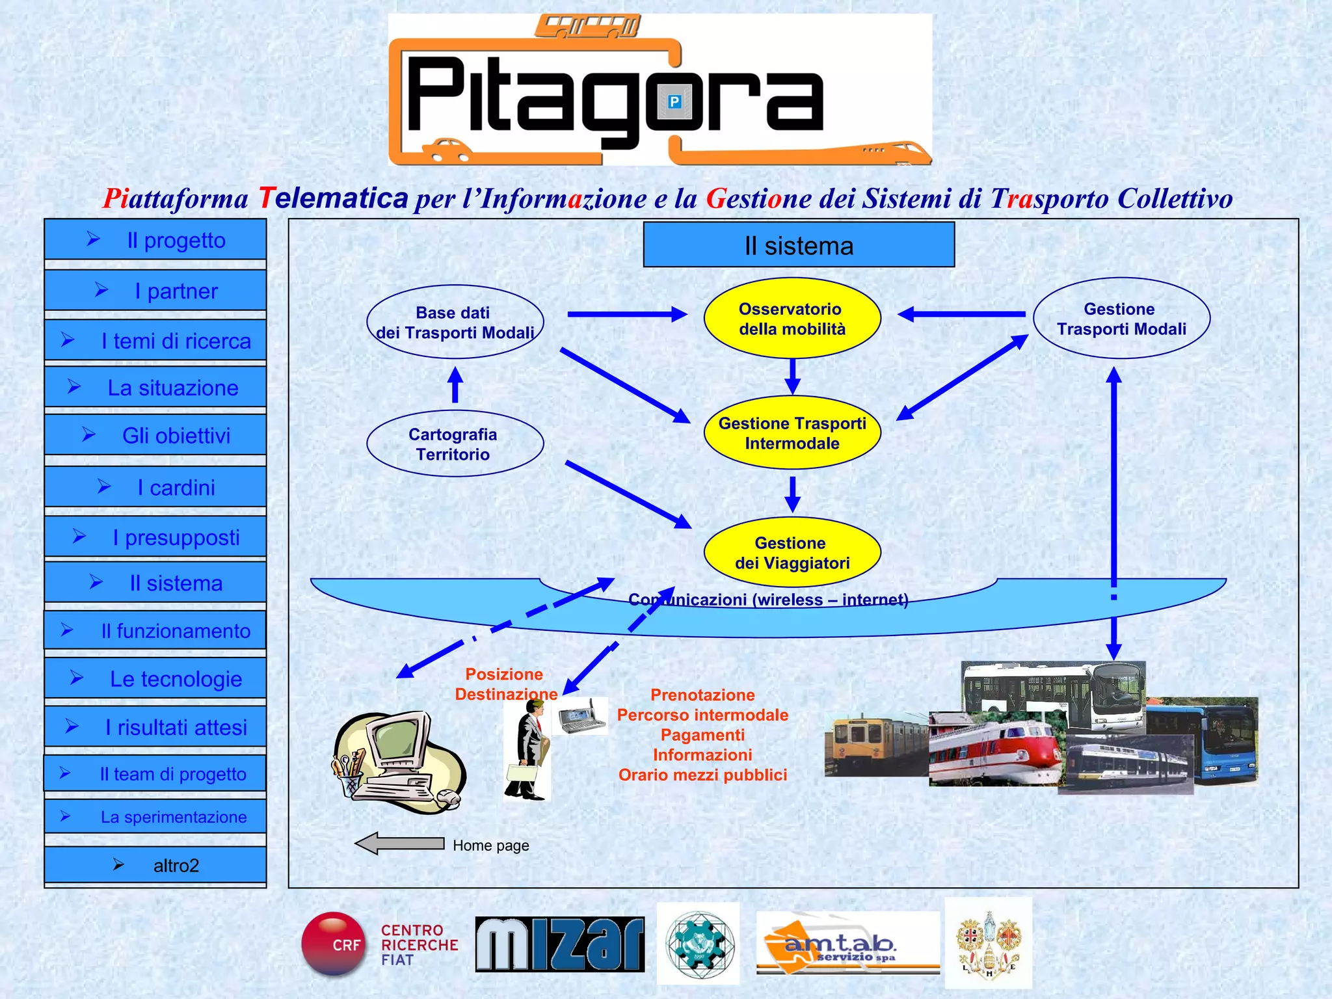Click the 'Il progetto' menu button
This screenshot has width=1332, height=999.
coord(155,239)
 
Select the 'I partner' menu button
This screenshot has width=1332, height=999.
coord(155,290)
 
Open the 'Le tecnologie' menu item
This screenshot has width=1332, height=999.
coord(155,678)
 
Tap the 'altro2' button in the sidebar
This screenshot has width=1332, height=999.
coord(155,865)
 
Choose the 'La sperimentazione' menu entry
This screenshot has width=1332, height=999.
coord(155,816)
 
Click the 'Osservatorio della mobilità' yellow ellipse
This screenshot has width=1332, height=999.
coord(792,319)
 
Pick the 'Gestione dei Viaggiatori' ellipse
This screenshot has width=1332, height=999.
coord(792,553)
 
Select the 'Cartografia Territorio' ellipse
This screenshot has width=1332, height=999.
coord(454,444)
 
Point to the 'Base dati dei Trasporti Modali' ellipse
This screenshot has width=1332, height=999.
coord(454,322)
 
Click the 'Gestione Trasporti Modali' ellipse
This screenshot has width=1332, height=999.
coord(1121,319)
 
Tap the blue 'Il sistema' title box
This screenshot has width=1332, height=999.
coord(798,245)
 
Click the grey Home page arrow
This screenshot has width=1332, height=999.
coord(399,844)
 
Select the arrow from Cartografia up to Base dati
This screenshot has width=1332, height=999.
coord(455,385)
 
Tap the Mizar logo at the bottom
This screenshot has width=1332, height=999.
coord(559,944)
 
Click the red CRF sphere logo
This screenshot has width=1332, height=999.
coord(334,944)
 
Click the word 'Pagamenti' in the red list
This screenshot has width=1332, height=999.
coord(702,735)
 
